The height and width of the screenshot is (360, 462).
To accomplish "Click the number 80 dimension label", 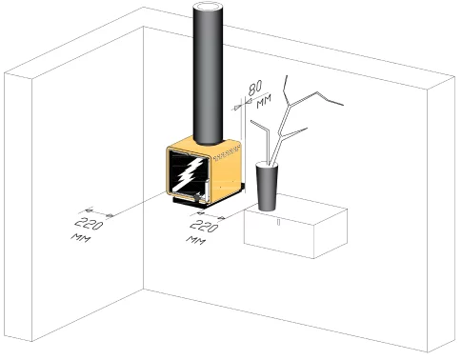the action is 255,88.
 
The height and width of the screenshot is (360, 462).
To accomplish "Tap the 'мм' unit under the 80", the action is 264,101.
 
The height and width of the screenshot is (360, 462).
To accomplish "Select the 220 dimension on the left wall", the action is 89,224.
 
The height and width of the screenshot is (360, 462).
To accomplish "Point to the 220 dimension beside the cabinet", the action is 204,226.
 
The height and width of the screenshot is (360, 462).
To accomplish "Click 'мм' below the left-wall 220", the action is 81,238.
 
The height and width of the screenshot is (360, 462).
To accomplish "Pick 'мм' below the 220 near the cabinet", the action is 195,240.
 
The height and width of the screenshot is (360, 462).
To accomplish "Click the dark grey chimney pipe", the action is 208,76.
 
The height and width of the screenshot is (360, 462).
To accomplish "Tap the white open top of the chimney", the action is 209,7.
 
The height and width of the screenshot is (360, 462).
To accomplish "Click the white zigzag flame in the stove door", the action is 190,173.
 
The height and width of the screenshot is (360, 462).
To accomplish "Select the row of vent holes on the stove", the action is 227,153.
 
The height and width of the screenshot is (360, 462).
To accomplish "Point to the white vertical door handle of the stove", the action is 207,190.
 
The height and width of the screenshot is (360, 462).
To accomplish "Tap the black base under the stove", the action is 208,198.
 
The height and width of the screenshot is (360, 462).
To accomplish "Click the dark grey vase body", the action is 267,188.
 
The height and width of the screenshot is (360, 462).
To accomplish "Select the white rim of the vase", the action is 267,165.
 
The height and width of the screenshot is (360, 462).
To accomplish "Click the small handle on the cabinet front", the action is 278,222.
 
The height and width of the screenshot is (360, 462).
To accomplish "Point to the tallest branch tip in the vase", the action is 287,76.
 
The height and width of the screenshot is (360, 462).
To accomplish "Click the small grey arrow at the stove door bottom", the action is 197,197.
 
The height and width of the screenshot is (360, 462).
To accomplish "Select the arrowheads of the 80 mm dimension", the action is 242,105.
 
